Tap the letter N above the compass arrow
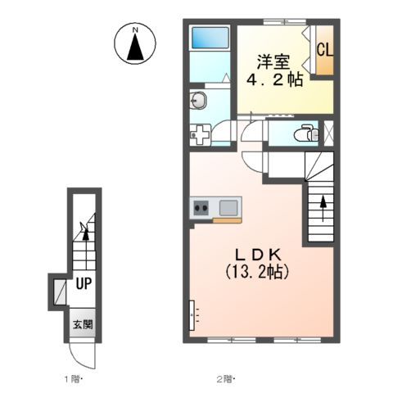(x=135, y=30)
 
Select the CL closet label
(x=325, y=50)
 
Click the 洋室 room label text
(x=273, y=62)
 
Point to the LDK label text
(x=258, y=255)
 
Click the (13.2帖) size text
(x=257, y=272)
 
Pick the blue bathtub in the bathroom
(x=210, y=38)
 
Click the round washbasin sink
(x=198, y=101)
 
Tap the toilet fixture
(x=306, y=133)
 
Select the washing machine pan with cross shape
(x=200, y=134)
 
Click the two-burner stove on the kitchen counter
(x=201, y=208)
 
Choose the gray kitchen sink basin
(x=228, y=208)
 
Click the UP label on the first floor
(x=84, y=284)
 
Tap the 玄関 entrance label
(x=83, y=324)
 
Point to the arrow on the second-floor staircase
(x=323, y=208)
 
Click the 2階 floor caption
(x=225, y=379)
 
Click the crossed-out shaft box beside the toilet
(x=328, y=133)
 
